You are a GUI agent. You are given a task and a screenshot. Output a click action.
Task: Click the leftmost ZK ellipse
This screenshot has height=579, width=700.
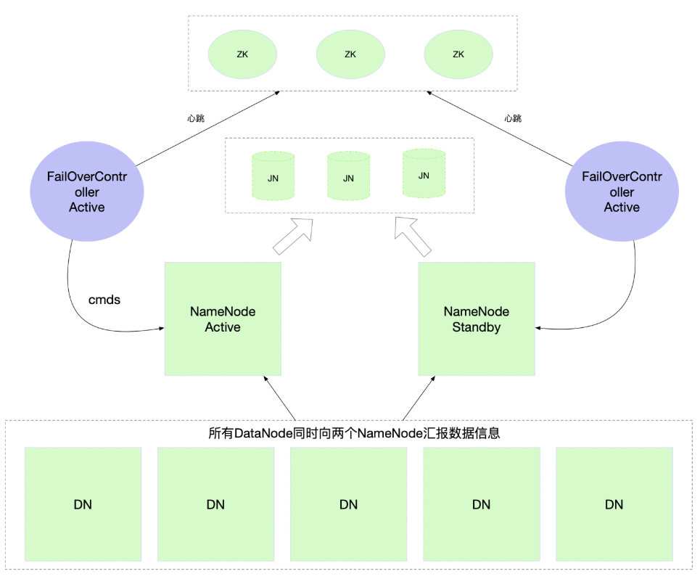[242, 54]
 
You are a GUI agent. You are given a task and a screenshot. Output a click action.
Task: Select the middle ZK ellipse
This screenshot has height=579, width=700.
[350, 54]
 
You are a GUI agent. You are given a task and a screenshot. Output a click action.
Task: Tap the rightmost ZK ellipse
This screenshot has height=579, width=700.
[458, 54]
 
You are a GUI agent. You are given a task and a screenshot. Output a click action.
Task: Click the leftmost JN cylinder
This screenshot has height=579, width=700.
[273, 176]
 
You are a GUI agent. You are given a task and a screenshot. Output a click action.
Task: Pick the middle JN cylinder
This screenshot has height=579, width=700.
[349, 176]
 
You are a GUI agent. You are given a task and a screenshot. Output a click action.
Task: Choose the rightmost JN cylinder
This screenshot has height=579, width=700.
[424, 174]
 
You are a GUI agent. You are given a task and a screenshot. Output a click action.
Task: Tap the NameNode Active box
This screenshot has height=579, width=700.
[223, 319]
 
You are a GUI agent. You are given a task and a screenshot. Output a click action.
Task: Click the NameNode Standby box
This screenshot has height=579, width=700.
[477, 319]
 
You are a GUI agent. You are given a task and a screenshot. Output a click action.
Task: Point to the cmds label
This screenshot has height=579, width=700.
[104, 299]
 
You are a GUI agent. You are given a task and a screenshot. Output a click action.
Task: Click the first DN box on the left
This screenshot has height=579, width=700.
[83, 504]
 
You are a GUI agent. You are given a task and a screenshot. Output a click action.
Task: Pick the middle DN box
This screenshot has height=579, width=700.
[349, 504]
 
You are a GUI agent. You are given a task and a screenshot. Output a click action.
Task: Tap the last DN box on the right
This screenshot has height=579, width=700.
[614, 504]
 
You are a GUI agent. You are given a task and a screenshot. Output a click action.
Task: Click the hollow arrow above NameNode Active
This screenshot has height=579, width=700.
[294, 235]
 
